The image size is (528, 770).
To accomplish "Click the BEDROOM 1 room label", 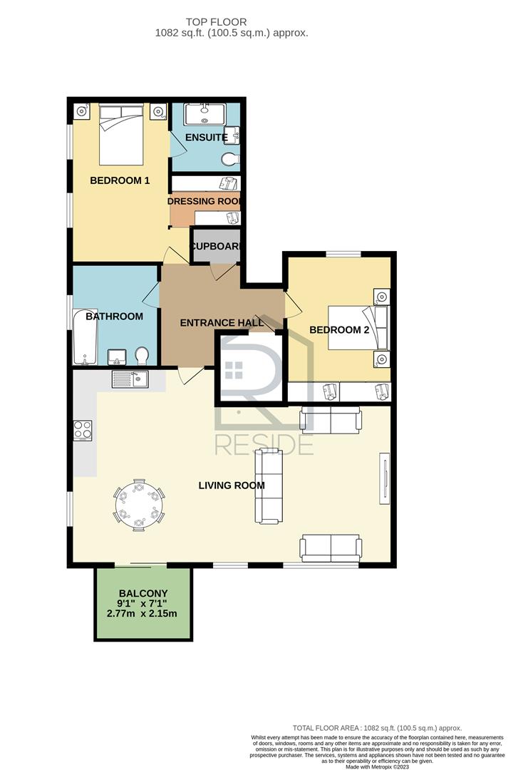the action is [120, 180].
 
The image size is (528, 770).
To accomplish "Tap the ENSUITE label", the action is [206, 138].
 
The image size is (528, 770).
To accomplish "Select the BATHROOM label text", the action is [114, 317].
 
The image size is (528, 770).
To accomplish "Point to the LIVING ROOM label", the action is [232, 486].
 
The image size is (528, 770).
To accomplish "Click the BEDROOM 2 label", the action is [339, 330].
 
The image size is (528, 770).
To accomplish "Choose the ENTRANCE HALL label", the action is [222, 323].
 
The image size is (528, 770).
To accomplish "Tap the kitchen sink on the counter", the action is [130, 379].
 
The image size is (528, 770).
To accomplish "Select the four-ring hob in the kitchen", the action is [83, 431].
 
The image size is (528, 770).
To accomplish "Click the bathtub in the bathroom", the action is [85, 337].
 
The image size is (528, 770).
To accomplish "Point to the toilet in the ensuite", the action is [230, 159].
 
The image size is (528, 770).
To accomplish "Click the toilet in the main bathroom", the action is [142, 356].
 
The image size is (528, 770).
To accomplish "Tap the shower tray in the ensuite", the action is [205, 114].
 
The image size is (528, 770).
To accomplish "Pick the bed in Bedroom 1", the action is [121, 134].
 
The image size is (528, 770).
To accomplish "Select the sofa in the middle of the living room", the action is [269, 486].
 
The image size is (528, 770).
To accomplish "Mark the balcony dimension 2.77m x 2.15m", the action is [142, 613].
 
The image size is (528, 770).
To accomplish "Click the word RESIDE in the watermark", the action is [264, 445].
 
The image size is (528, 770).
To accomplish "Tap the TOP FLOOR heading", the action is [216, 22].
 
